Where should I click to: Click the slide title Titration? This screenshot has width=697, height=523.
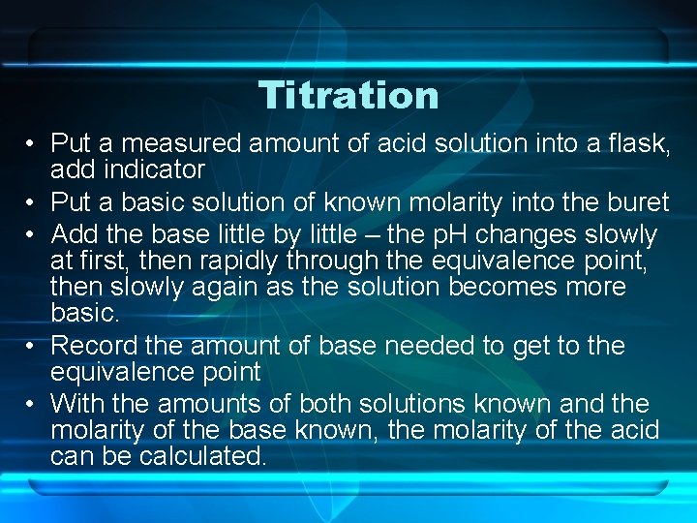348,95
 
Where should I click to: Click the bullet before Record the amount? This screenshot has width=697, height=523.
31,346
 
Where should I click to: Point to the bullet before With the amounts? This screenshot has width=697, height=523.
31,403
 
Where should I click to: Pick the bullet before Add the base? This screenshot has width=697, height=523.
31,235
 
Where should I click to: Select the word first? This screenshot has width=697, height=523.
107,261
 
